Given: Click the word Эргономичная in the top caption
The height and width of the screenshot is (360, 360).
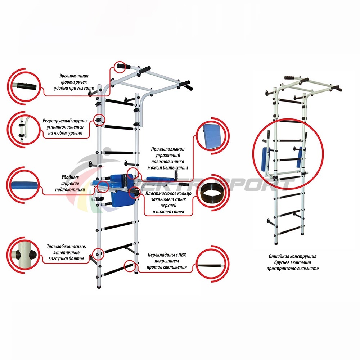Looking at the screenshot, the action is click(74, 76).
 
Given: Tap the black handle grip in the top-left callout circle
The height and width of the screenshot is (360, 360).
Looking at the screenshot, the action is click(27, 86).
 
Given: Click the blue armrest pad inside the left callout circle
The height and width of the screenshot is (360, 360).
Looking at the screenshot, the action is click(24, 185).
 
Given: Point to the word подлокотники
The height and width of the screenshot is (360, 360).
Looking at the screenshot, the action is click(70, 190).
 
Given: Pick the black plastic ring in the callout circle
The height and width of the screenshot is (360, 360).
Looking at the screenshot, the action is click(212, 192).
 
